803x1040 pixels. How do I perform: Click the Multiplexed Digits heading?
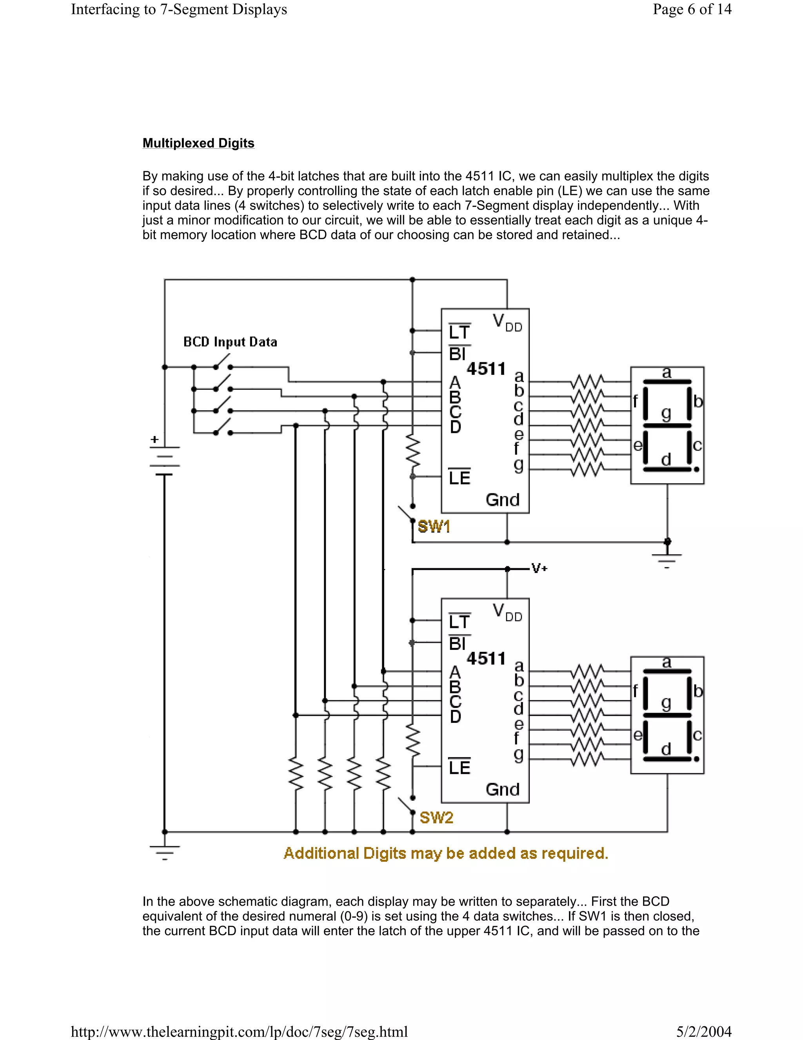tap(198, 143)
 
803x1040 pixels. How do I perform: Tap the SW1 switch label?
tap(433, 527)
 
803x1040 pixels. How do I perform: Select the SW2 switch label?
tap(436, 817)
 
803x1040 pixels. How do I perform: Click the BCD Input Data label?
tap(230, 342)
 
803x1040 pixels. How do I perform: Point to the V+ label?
tap(540, 568)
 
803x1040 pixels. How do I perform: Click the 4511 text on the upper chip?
tap(486, 369)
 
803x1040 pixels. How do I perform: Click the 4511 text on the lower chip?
tap(486, 659)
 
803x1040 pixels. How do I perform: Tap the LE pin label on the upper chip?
tap(459, 478)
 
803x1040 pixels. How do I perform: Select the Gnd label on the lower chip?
tap(502, 790)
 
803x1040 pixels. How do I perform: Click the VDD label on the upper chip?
tap(507, 323)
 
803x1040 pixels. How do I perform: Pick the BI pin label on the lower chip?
tap(458, 644)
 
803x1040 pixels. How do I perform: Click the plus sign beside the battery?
tap(154, 439)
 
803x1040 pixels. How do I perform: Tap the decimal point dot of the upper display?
tap(696, 469)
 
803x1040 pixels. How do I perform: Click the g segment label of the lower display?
tap(666, 703)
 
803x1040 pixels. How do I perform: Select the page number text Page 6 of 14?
tap(692, 9)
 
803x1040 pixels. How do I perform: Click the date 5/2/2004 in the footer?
tap(703, 1031)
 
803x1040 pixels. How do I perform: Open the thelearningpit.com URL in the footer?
tap(239, 1031)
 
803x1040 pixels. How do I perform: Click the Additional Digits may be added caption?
tap(446, 853)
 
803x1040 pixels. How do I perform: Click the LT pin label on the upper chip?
tap(459, 332)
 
